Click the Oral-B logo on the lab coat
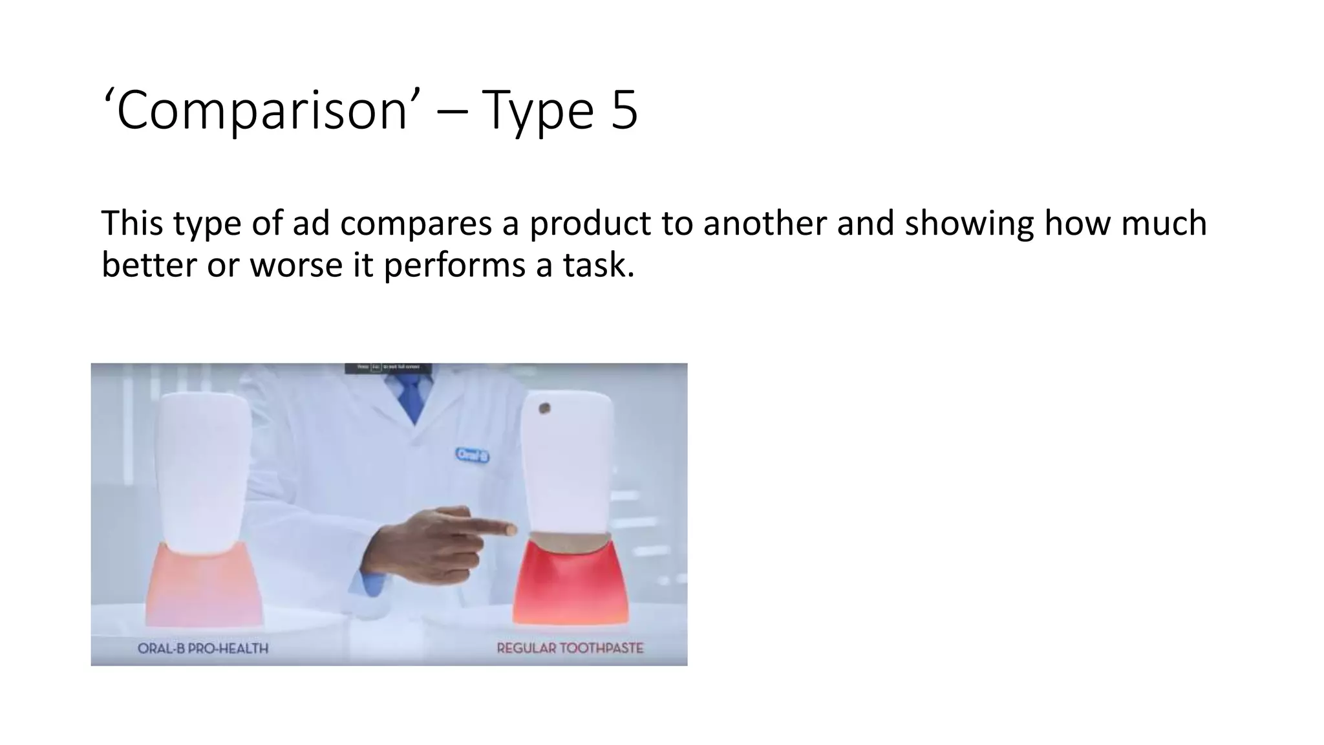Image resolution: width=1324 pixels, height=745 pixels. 473,455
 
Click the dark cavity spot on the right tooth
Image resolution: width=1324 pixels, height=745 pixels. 544,409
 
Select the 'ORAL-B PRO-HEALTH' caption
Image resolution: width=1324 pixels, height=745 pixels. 203,648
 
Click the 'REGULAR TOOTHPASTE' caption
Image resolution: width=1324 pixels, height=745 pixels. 570,648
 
